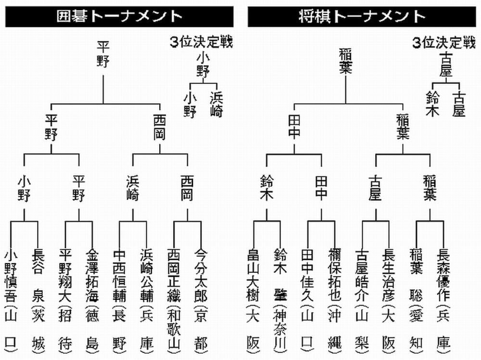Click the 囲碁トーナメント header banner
click(119, 16)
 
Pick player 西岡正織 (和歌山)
click(173, 298)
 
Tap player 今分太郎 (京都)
click(201, 298)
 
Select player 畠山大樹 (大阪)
click(253, 298)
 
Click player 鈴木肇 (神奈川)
click(280, 298)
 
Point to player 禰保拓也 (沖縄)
click(335, 298)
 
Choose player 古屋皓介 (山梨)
click(362, 298)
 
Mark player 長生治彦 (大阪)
click(389, 298)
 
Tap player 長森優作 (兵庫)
click(443, 298)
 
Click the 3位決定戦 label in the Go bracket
click(201, 42)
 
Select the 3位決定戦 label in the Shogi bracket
click(443, 42)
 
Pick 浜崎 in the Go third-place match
click(216, 104)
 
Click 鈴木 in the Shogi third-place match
click(433, 104)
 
